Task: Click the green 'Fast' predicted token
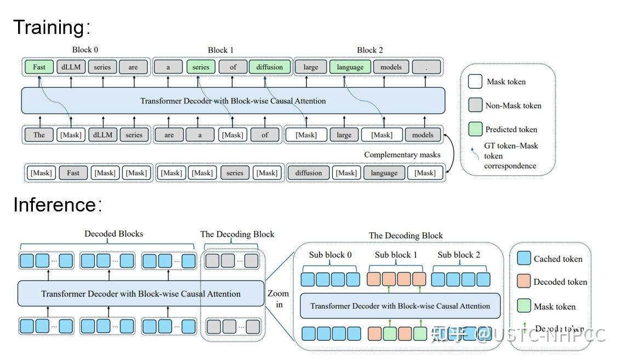pyautogui.click(x=39, y=67)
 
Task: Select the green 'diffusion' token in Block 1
pyautogui.click(x=269, y=67)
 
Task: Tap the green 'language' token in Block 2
pyautogui.click(x=350, y=67)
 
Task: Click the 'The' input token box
pyautogui.click(x=39, y=135)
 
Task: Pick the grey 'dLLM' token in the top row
pyautogui.click(x=71, y=67)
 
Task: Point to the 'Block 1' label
pyautogui.click(x=220, y=50)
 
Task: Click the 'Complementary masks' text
pyautogui.click(x=402, y=155)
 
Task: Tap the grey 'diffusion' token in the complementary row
pyautogui.click(x=309, y=173)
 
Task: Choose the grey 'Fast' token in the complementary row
pyautogui.click(x=73, y=173)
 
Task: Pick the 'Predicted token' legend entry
pyautogui.click(x=511, y=130)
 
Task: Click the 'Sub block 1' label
pyautogui.click(x=396, y=255)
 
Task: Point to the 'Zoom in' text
pyautogui.click(x=278, y=299)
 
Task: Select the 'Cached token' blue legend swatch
pyautogui.click(x=524, y=259)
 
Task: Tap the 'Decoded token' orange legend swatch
pyautogui.click(x=524, y=282)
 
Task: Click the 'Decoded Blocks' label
pyautogui.click(x=113, y=234)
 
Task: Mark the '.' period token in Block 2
pyautogui.click(x=426, y=67)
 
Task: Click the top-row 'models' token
pyautogui.click(x=391, y=67)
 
